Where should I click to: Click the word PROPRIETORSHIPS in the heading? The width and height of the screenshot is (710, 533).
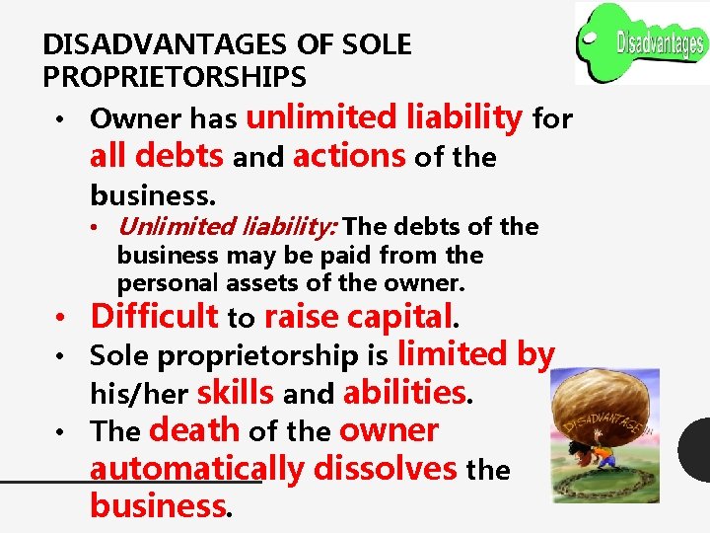(x=175, y=76)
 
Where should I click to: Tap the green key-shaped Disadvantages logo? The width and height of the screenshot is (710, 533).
(x=642, y=42)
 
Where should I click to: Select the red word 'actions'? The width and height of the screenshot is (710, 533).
(x=349, y=156)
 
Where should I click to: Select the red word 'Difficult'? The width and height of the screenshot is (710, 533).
(x=154, y=317)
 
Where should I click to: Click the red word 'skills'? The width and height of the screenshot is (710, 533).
(x=236, y=393)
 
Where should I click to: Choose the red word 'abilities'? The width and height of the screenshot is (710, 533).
(x=403, y=393)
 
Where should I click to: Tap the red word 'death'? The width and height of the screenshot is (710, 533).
(x=194, y=430)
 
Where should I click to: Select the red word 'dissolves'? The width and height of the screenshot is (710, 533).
(x=385, y=468)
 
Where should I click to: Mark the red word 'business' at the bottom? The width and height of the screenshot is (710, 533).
(x=158, y=505)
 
